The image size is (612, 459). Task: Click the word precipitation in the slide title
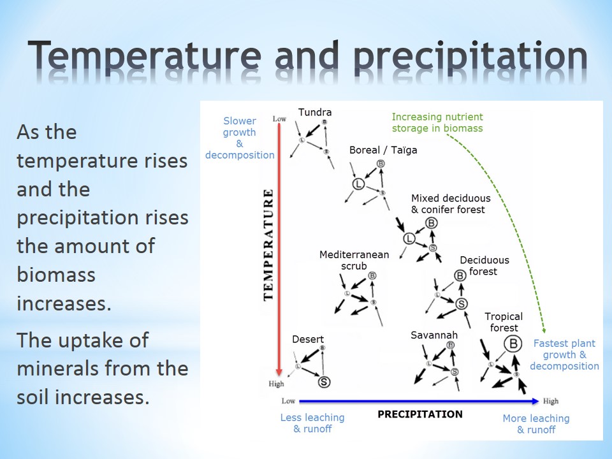[x=470, y=57]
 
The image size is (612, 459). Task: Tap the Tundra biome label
[x=315, y=112]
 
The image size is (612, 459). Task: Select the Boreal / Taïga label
[x=383, y=150]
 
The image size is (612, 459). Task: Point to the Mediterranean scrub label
[x=354, y=260]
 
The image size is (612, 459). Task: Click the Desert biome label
[x=308, y=340]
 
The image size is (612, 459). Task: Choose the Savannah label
[x=434, y=335]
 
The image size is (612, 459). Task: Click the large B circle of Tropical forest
[x=513, y=344]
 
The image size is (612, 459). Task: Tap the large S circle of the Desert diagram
[x=324, y=382]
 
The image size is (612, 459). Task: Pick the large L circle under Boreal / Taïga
[x=358, y=184]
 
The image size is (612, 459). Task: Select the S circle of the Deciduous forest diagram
[x=462, y=303]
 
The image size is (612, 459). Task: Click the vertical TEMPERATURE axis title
[x=268, y=245]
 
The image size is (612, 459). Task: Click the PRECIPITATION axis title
[x=420, y=414]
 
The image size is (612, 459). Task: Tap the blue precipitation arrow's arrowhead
[x=534, y=401]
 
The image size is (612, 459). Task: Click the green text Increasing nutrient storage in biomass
[x=437, y=122]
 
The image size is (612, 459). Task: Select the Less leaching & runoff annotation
[x=312, y=423]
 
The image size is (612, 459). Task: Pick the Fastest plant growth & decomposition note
[x=564, y=355]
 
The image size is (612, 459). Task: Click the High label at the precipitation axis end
[x=551, y=401]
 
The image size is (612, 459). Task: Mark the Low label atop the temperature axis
[x=279, y=119]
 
